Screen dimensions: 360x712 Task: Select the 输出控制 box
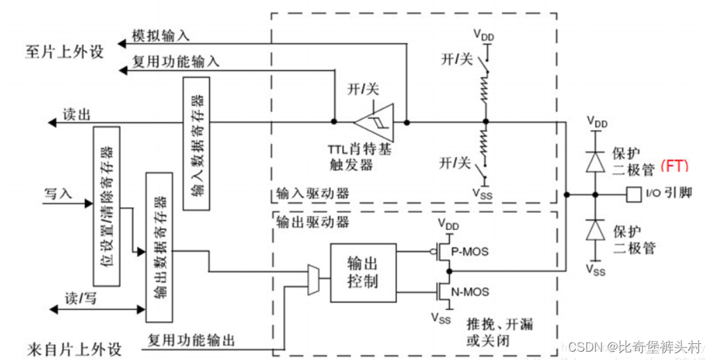[362, 272]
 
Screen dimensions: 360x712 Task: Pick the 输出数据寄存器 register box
[159, 246]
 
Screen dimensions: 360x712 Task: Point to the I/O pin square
[633, 194]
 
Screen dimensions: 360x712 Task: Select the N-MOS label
[467, 291]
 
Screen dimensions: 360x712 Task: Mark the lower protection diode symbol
[594, 229]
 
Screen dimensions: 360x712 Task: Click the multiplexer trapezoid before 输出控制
[314, 279]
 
